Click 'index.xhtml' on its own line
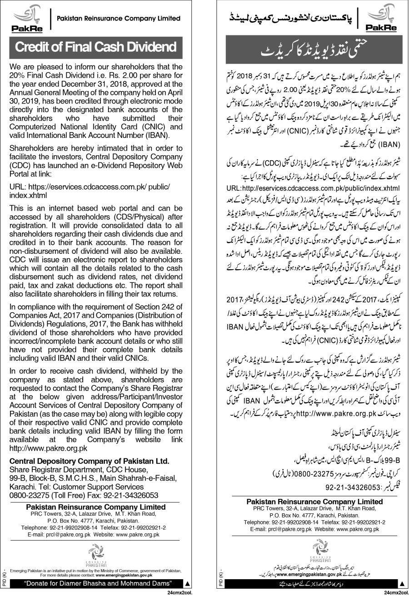28,195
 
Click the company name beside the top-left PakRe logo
118,19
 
